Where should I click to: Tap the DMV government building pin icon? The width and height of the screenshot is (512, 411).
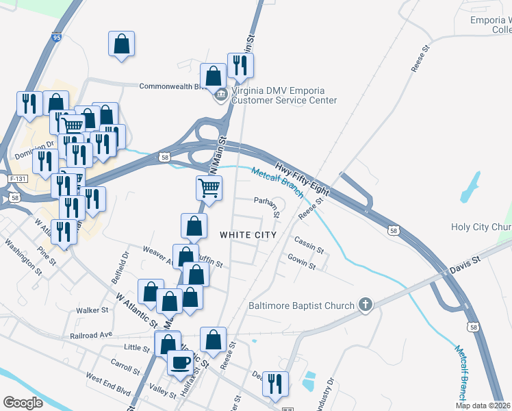pos(220,94)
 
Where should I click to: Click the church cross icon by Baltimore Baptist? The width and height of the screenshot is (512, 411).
pos(366,305)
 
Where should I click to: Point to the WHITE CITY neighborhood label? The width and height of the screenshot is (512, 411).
pos(248,235)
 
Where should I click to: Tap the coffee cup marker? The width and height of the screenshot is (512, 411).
pos(181,363)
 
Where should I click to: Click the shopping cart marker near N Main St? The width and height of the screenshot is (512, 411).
pos(209,187)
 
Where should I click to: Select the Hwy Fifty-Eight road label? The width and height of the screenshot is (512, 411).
pos(302,177)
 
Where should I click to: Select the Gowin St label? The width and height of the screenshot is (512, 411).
pos(301,261)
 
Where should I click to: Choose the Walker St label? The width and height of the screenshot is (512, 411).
pos(92,310)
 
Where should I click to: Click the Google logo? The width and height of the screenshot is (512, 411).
pos(23,403)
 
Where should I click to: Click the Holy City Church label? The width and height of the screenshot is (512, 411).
pos(481,227)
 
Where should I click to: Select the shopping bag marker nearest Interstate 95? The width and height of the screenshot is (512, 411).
pos(121,45)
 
